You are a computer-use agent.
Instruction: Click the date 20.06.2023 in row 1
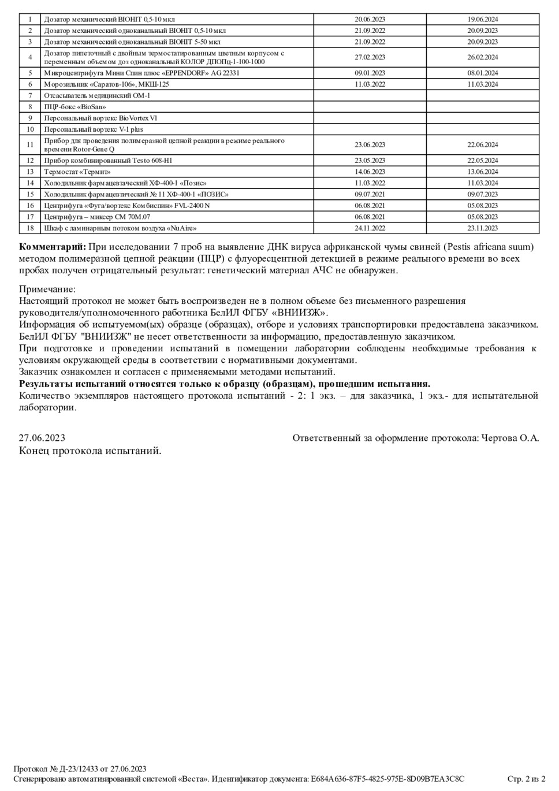tap(370, 19)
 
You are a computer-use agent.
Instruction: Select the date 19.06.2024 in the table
tap(482, 19)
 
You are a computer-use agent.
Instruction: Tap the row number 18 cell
tap(30, 228)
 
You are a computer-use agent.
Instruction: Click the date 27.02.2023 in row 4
tap(370, 57)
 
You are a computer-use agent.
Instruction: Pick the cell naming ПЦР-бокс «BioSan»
tap(75, 107)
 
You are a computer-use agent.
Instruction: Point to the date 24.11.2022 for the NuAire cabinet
tap(370, 228)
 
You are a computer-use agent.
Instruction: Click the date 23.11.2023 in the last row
tap(482, 228)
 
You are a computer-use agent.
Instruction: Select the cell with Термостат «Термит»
tap(77, 172)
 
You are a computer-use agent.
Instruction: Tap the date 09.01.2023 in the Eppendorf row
tap(370, 73)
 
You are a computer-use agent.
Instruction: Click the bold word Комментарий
tap(53, 247)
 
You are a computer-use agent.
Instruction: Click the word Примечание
tap(47, 289)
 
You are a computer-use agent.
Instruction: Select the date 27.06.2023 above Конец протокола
tap(42, 438)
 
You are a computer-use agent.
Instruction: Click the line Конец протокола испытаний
tap(90, 451)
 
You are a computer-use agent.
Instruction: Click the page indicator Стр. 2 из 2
tap(526, 779)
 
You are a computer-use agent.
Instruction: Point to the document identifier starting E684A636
tap(387, 779)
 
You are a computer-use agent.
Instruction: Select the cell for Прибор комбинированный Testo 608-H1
tap(108, 161)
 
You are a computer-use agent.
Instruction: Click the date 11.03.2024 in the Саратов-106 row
tap(482, 84)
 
